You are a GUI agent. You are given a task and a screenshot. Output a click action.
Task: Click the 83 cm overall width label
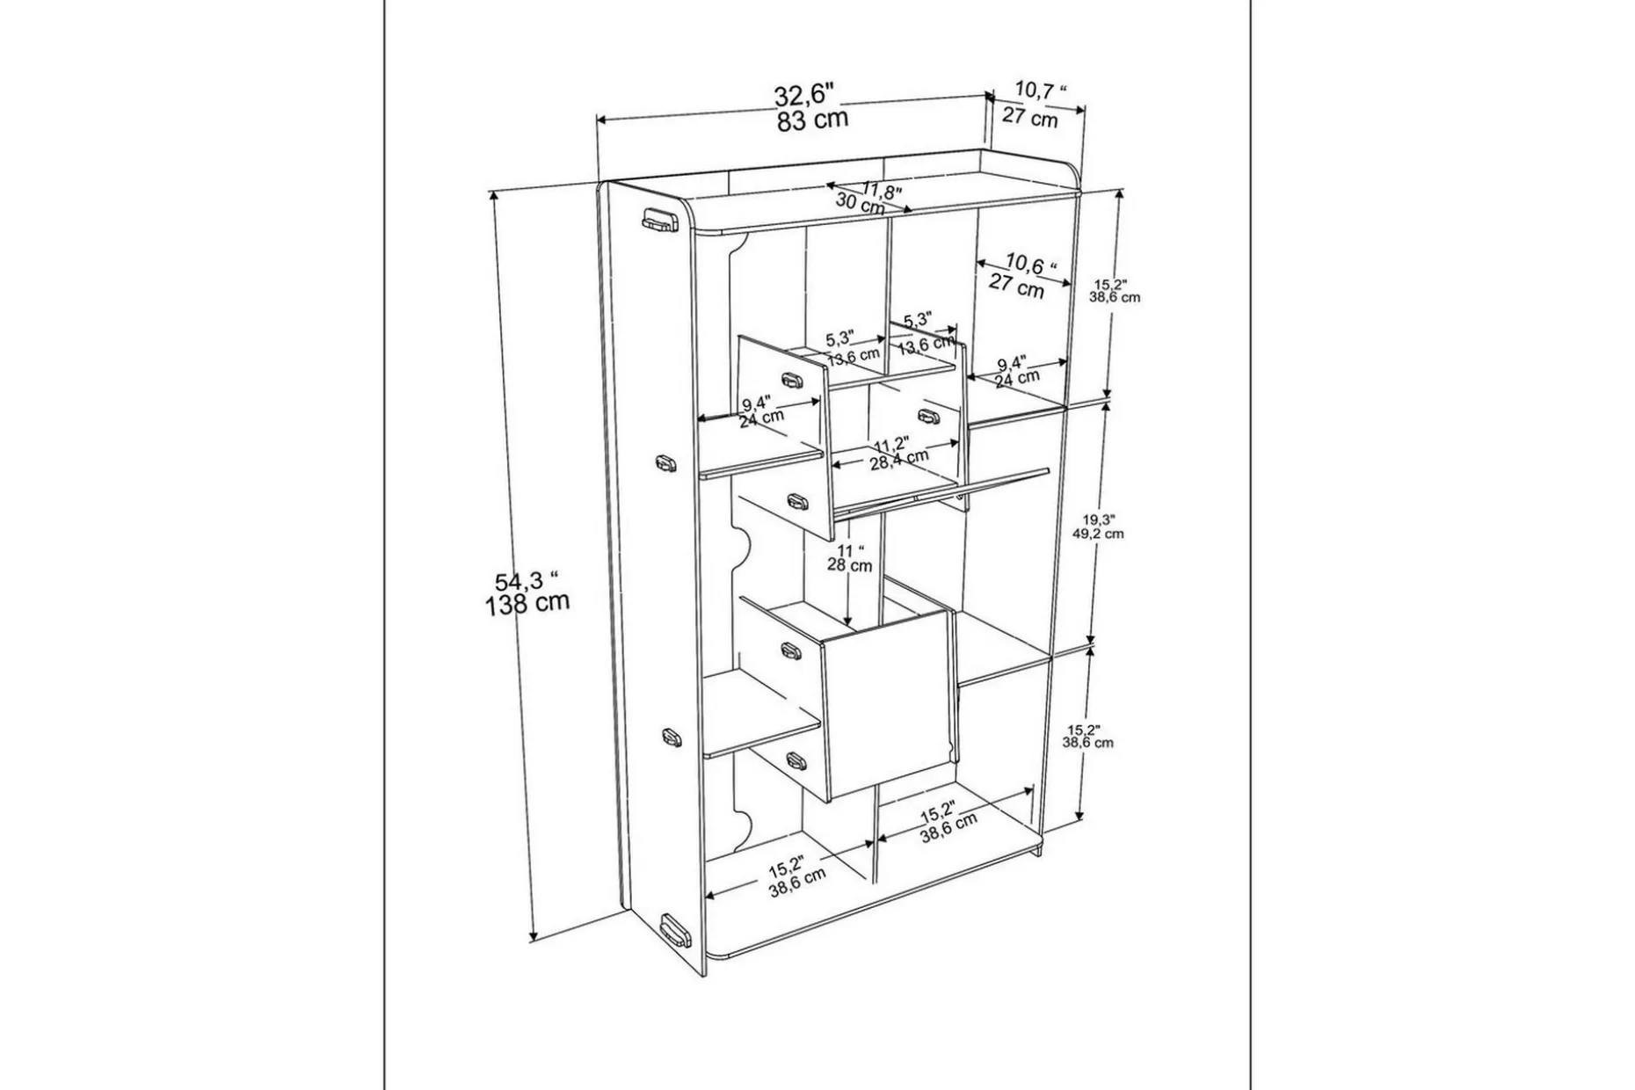pos(812,120)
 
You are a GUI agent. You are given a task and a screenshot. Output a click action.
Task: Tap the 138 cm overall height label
pos(527,604)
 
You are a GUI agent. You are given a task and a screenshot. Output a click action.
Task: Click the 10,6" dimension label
pos(1031,263)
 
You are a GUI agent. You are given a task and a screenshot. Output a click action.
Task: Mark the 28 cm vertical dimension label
pos(849,565)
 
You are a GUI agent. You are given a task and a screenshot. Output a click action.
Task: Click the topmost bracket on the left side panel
pos(658,222)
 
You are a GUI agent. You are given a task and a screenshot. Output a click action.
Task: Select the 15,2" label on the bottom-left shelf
pos(787,868)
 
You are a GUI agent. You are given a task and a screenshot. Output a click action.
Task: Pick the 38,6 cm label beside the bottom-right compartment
pos(1088,743)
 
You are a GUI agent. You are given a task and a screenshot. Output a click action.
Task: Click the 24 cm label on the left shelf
pos(761,418)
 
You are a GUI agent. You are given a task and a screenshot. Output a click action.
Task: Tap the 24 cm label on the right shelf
pos(1017,378)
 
